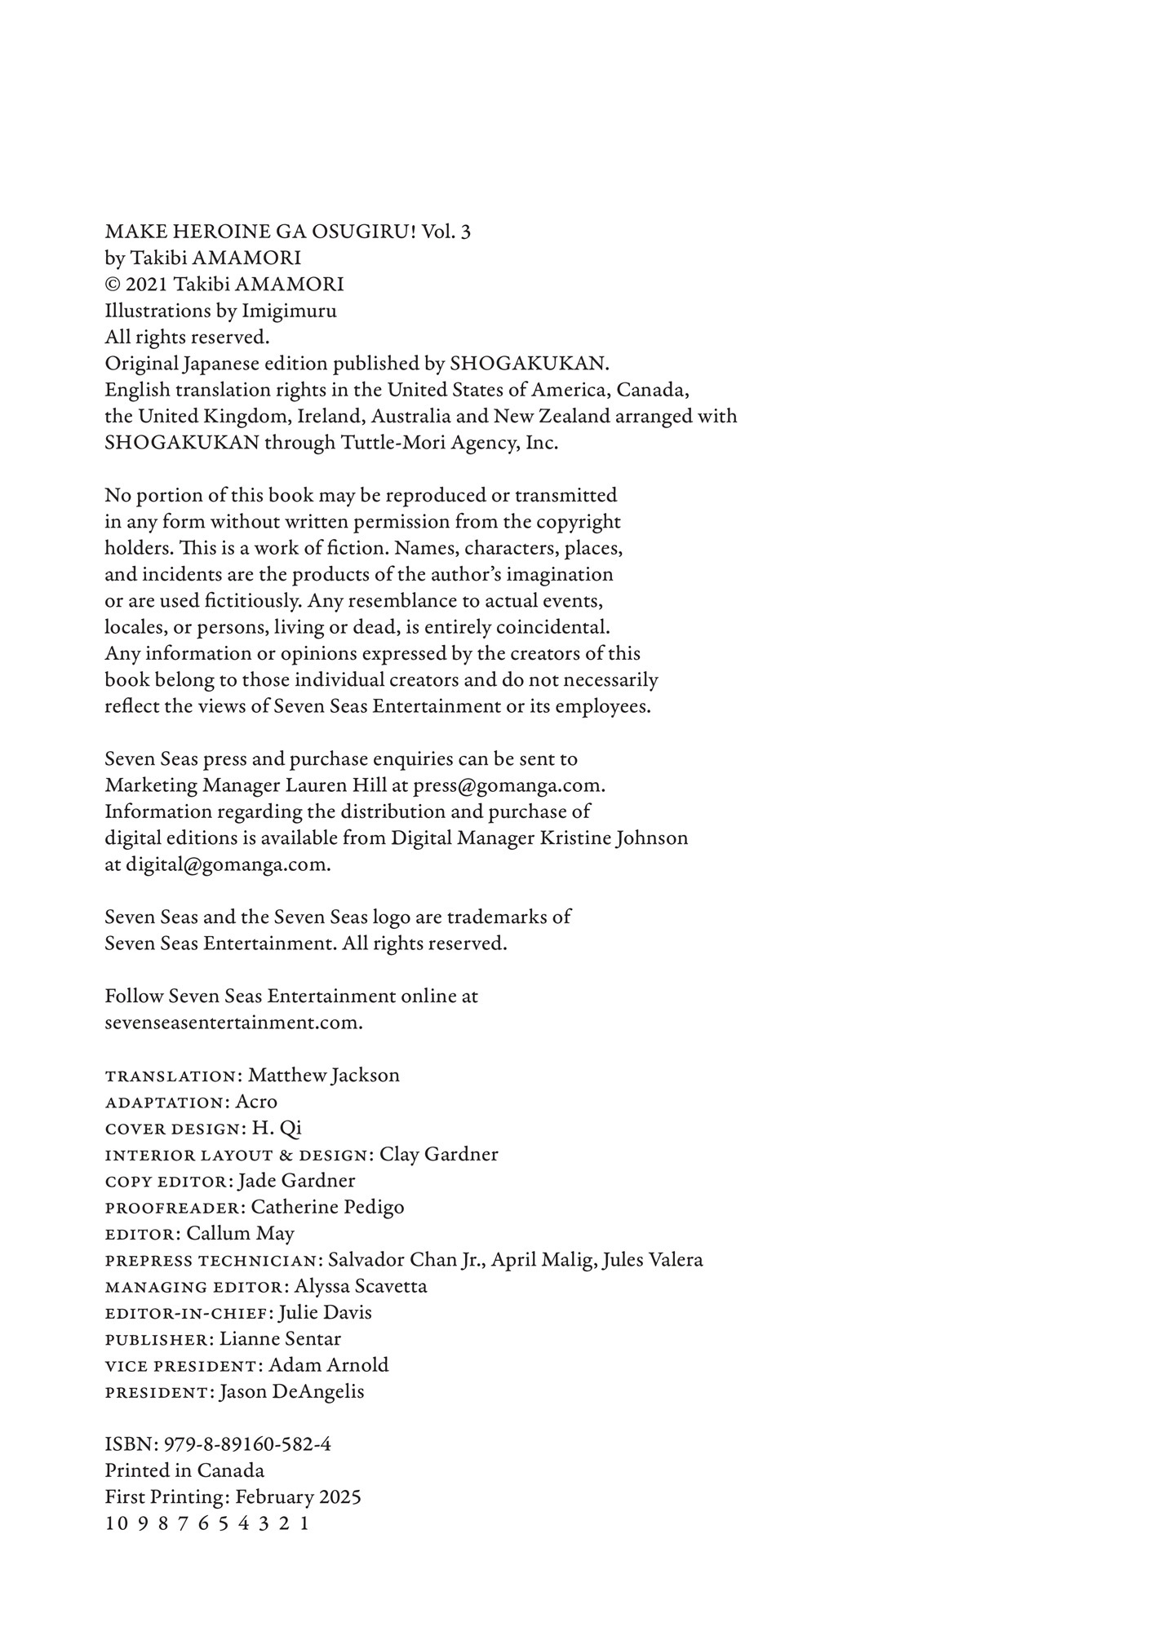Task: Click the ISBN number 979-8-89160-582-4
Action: click(x=247, y=1444)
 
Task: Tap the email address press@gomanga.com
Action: click(x=508, y=785)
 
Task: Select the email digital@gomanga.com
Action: click(x=228, y=864)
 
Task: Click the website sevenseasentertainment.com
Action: click(x=233, y=1023)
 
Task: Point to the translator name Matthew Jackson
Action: click(x=324, y=1075)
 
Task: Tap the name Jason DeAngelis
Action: click(x=292, y=1391)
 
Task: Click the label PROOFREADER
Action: click(x=173, y=1208)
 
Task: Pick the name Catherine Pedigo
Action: click(x=327, y=1207)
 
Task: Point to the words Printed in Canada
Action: click(x=184, y=1470)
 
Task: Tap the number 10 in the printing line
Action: click(x=117, y=1523)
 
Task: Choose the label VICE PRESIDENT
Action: click(x=180, y=1366)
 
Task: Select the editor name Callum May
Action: click(x=240, y=1233)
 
